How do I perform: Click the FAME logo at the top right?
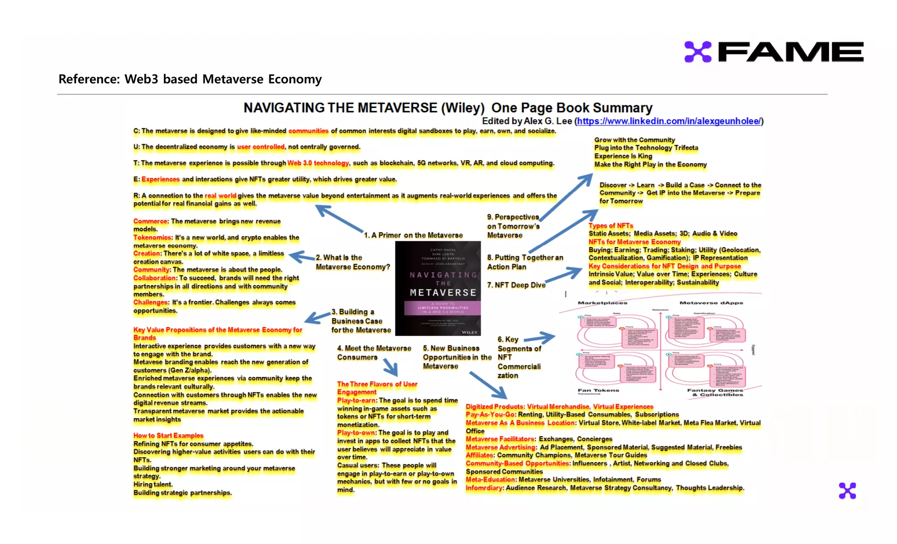(x=773, y=52)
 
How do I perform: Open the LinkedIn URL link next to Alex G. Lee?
(x=669, y=121)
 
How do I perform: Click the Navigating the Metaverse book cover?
(x=438, y=288)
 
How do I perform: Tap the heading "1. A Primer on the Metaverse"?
(x=413, y=235)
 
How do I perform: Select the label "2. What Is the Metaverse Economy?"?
(x=353, y=262)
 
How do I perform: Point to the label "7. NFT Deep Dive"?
(x=516, y=285)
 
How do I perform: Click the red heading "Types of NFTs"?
(x=611, y=226)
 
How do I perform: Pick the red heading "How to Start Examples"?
(x=168, y=435)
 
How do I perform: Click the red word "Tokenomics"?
(x=152, y=238)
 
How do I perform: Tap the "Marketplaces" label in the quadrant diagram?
(x=602, y=303)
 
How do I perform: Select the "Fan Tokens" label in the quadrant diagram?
(x=598, y=390)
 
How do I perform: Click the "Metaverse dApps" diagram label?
(x=711, y=303)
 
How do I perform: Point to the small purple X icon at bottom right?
(x=847, y=491)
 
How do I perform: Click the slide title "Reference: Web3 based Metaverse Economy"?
(x=190, y=79)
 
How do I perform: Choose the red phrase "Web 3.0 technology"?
(x=318, y=163)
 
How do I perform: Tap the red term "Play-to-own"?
(x=356, y=433)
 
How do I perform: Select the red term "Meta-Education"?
(x=491, y=480)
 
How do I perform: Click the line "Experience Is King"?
(x=623, y=156)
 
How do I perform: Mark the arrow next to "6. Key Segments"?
(x=540, y=338)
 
